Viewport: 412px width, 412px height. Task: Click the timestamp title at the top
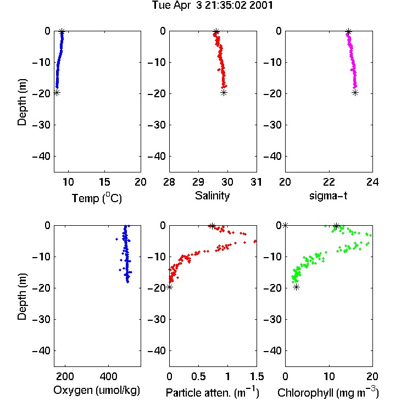pos(213,5)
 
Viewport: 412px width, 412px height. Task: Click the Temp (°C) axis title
pos(97,198)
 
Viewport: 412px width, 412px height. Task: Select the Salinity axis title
pos(212,196)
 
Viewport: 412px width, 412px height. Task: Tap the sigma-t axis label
pos(328,196)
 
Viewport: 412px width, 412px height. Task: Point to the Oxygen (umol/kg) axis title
pos(97,391)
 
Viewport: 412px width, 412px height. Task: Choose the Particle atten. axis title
pos(213,392)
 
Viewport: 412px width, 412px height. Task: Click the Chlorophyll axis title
pos(328,392)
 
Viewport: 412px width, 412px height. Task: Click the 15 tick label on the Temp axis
pos(104,182)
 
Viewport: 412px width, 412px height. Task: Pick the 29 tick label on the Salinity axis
pos(198,182)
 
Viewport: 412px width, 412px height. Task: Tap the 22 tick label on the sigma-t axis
pos(329,182)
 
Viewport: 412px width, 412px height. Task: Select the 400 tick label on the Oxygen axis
pos(108,376)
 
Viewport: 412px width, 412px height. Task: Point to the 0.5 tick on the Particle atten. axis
pos(198,376)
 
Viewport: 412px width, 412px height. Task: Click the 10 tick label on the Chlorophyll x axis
pos(329,376)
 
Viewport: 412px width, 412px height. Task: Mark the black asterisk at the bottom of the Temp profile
pos(57,92)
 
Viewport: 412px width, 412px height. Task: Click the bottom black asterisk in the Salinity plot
pos(224,92)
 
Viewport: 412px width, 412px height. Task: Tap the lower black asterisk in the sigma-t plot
pos(355,92)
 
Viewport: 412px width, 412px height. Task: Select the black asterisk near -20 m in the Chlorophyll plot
pos(297,287)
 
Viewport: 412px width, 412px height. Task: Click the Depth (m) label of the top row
pos(22,102)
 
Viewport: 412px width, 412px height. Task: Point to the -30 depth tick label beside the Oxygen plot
pos(41,320)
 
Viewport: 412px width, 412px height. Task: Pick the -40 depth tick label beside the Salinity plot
pos(157,157)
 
